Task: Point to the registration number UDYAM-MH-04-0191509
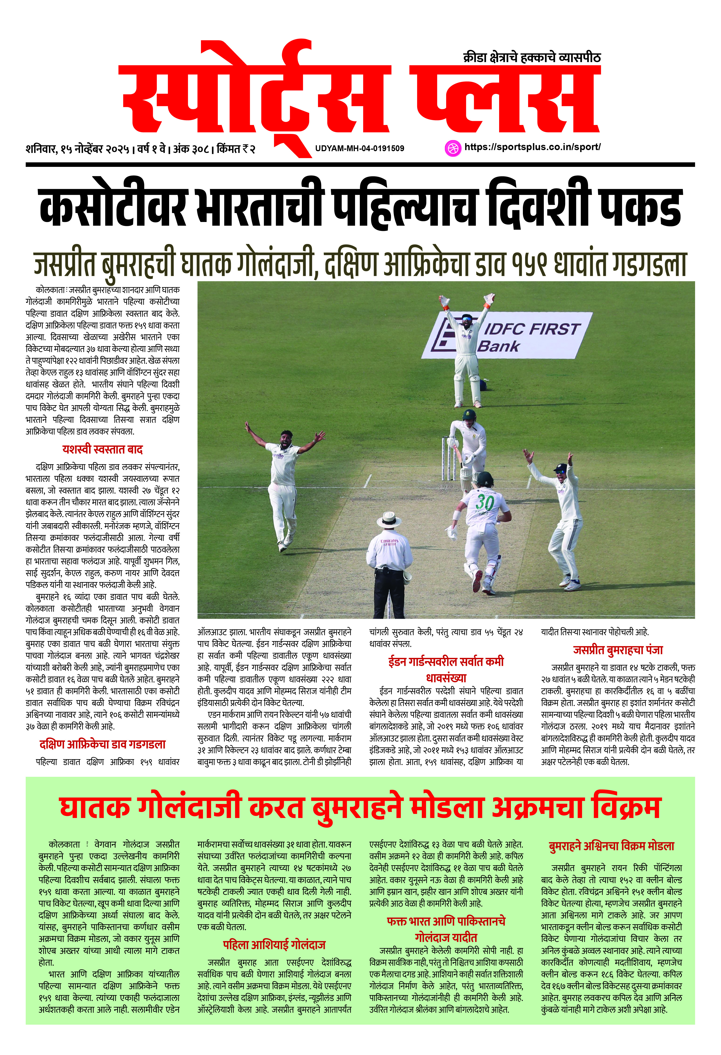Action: coord(359,148)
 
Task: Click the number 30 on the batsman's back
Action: coord(485,503)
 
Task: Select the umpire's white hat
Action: coord(389,519)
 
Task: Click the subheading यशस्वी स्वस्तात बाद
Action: coord(103,449)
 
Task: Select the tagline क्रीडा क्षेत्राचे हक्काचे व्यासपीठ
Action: coord(532,58)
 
